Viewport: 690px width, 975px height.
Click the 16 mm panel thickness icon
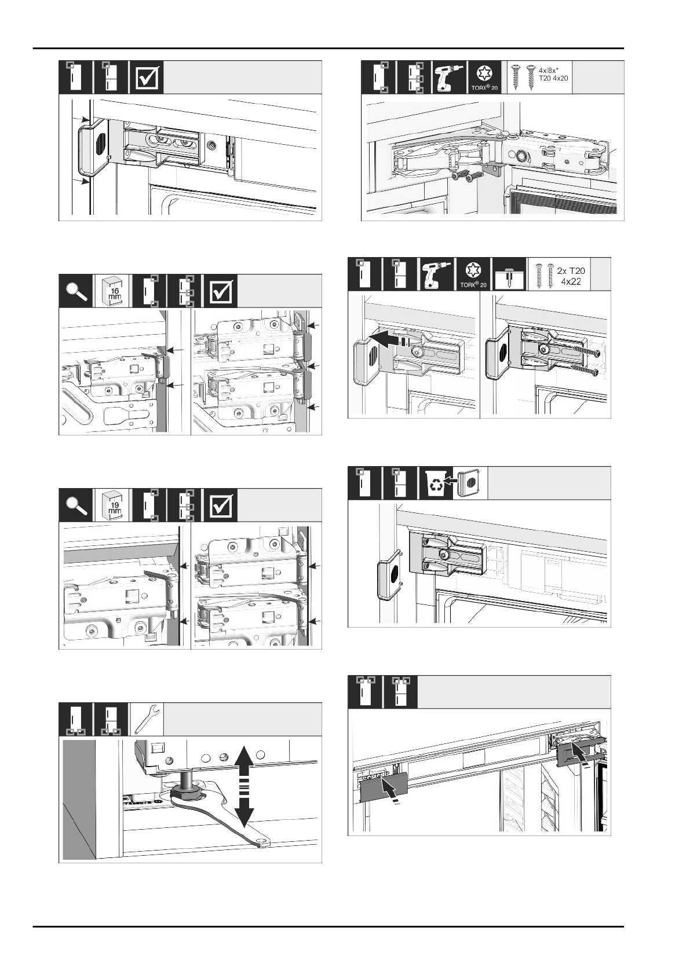112,291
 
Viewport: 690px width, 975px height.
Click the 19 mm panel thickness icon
112,505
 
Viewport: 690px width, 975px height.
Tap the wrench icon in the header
146,719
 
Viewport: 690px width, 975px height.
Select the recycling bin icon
435,483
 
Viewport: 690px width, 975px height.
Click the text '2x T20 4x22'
570,276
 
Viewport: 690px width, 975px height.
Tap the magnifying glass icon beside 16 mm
76,291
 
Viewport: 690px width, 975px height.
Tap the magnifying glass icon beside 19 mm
76,505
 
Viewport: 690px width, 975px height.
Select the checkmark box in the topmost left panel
148,78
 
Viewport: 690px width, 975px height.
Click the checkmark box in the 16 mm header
221,291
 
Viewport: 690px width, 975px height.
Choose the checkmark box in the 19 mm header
221,505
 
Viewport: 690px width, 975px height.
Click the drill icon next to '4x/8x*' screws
450,77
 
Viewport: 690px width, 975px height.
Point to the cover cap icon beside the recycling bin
469,482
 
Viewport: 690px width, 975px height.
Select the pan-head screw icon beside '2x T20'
508,274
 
